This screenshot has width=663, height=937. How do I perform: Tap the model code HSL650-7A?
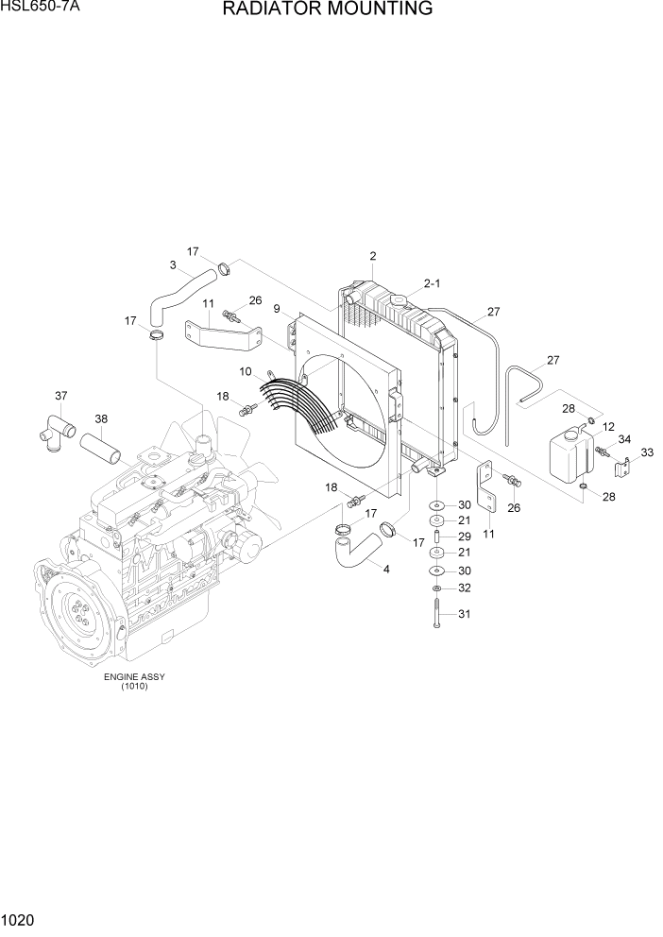(40, 8)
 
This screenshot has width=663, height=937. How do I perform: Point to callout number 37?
(61, 396)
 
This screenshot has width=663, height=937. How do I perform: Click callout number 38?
(101, 418)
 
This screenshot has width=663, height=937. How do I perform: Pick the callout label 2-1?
(433, 282)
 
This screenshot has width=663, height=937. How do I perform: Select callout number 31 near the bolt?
(464, 615)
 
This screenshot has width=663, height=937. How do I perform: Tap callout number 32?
(464, 588)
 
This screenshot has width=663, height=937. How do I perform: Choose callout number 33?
(647, 452)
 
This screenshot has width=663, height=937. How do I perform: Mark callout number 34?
(624, 438)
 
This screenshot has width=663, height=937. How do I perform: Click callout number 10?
(245, 372)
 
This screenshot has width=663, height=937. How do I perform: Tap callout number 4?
(385, 568)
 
